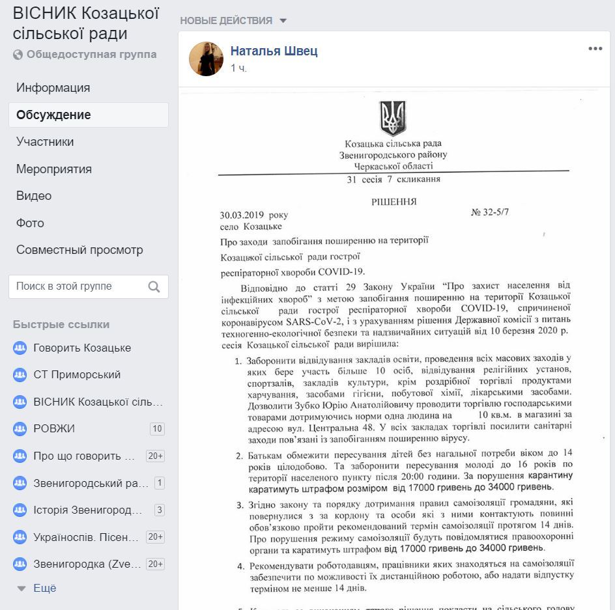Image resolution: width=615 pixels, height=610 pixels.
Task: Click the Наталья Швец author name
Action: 274,51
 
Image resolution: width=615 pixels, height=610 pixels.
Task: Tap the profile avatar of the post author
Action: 207,59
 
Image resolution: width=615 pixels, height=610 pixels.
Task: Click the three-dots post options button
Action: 595,49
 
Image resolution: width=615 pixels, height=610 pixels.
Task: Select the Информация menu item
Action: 53,88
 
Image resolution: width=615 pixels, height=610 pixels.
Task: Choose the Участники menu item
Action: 45,142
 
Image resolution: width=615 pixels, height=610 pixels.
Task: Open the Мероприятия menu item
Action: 54,169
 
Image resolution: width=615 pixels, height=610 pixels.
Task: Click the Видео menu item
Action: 34,196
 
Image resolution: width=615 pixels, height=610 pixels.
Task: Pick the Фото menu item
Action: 30,223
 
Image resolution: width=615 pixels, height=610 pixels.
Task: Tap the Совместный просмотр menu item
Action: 79,250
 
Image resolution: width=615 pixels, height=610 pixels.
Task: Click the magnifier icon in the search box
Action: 154,286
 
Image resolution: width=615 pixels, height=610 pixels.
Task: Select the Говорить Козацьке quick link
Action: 82,348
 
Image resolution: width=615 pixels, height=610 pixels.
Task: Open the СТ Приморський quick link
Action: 77,375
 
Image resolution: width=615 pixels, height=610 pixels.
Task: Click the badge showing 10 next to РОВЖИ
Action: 156,428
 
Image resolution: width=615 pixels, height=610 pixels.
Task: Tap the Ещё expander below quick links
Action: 44,588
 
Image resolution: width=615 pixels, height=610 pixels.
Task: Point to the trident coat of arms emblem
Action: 393,118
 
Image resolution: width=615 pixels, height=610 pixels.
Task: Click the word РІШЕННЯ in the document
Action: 393,202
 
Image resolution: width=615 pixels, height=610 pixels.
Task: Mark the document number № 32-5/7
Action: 490,213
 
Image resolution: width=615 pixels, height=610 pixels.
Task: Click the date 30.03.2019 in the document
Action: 242,215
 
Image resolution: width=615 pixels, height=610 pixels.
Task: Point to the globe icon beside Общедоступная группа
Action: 18,55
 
